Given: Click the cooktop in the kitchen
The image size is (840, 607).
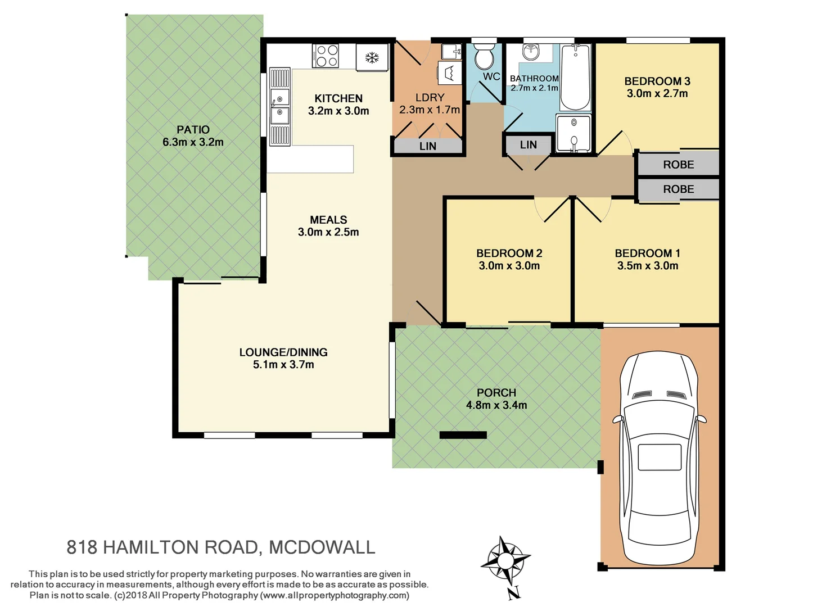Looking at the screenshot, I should coord(326,56).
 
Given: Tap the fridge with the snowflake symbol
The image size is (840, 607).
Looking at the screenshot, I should coord(372,57).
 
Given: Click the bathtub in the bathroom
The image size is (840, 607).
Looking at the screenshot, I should coord(575,78).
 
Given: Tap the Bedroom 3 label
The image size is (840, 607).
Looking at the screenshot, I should coord(657,81).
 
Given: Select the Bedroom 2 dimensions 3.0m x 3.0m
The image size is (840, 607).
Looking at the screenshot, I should coord(509,266).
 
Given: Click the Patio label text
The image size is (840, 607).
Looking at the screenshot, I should coord(193,130).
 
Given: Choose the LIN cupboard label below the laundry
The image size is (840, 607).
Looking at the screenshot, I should coord(427,146).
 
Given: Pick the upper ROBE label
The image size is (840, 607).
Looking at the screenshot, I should coord(678,165).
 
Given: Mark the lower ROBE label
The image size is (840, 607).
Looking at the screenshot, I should coord(678,189).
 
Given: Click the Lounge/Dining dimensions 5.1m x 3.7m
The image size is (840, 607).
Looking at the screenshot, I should coord(283,365).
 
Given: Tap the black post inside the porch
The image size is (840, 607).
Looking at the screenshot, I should coord(463,434).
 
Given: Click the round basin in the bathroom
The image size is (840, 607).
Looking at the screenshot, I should coord(530,53).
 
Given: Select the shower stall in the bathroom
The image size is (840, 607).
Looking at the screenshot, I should coord(573,133).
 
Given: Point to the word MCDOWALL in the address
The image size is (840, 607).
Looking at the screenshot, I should coord(322,547).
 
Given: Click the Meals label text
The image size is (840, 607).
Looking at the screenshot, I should coord(328,220).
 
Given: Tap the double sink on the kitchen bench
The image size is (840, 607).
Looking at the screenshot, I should coord(279,106).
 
